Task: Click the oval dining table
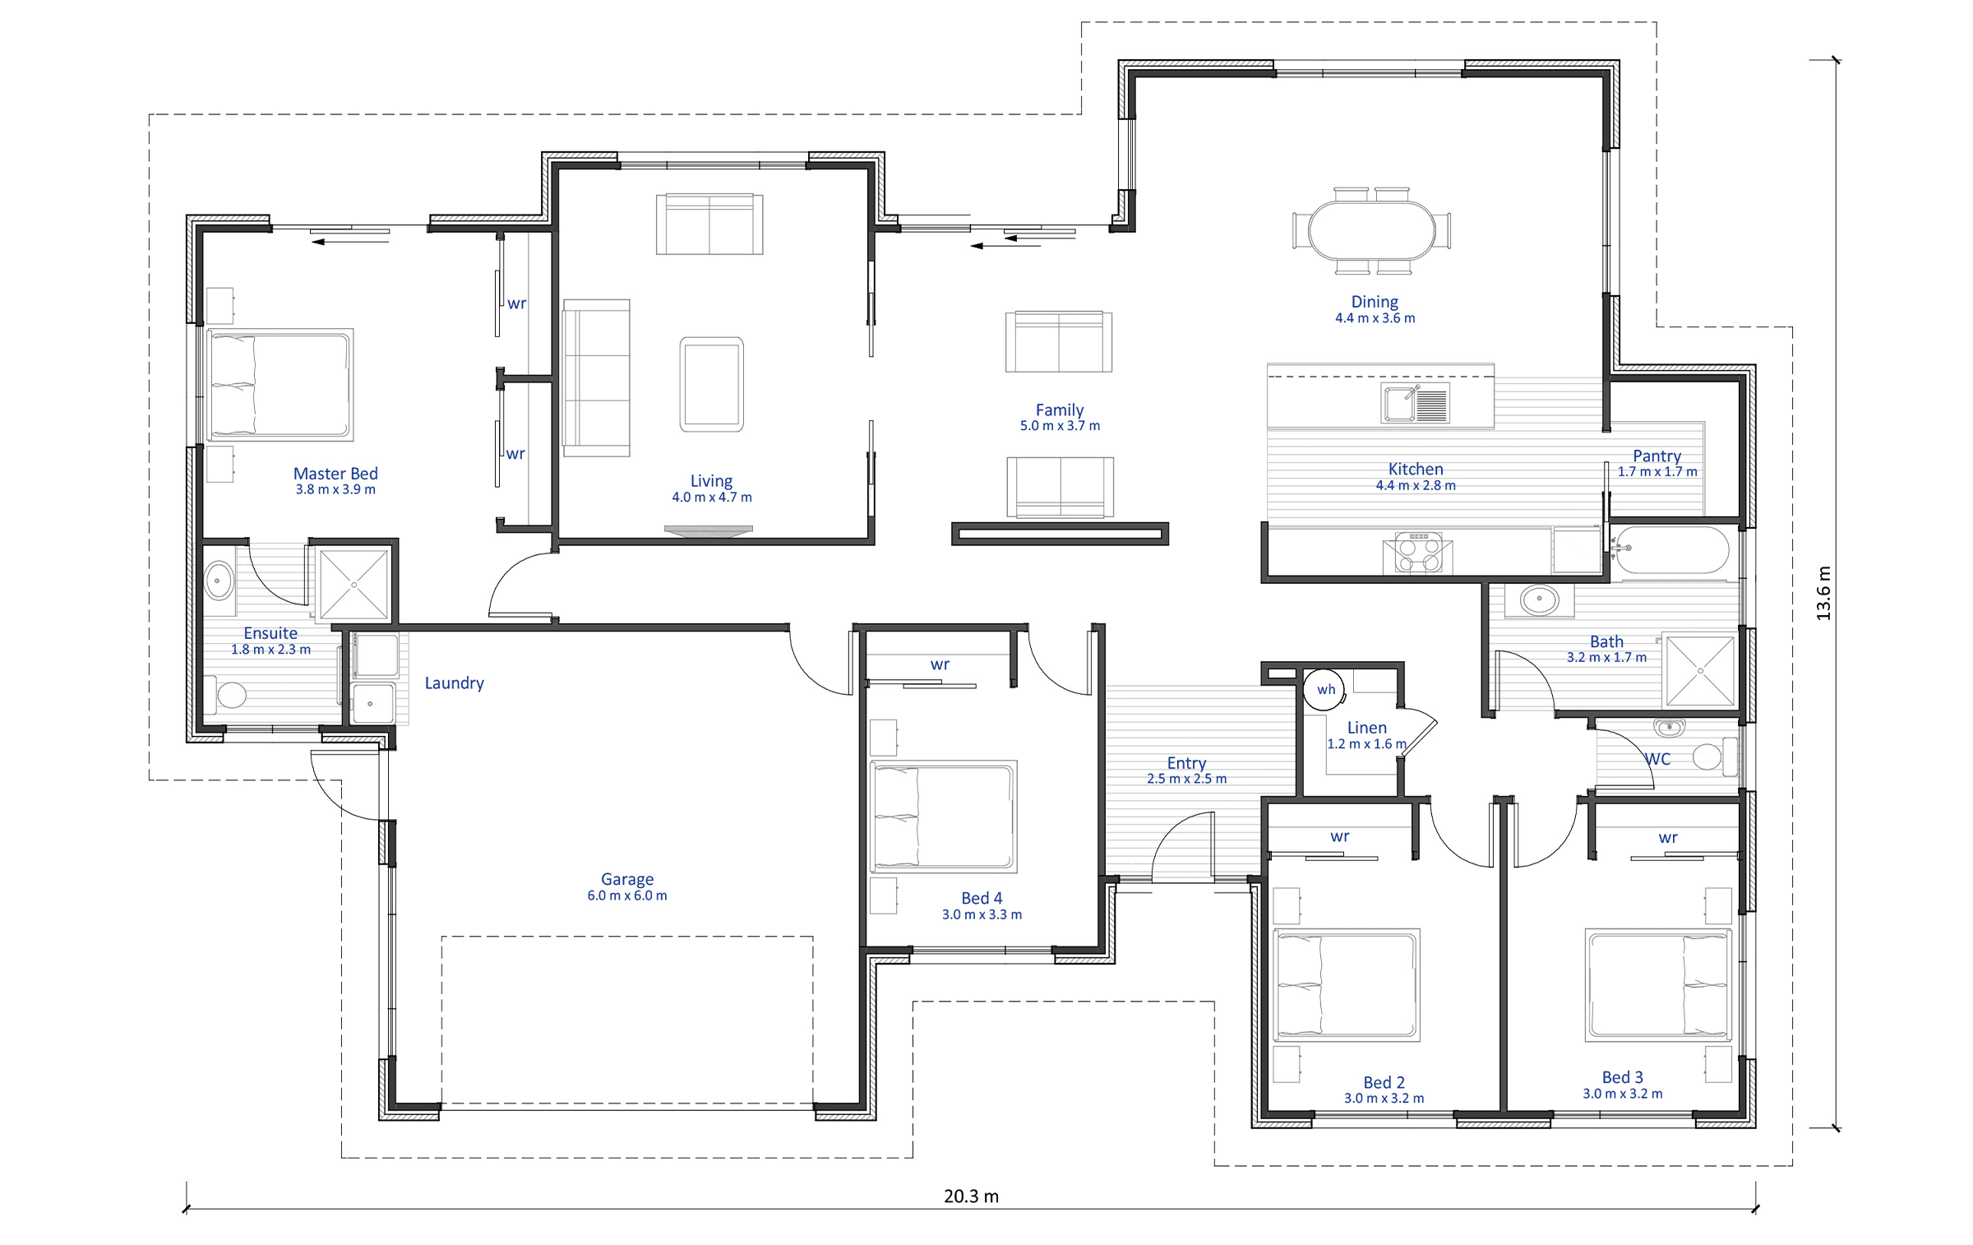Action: click(x=1371, y=230)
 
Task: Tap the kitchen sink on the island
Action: click(x=1415, y=404)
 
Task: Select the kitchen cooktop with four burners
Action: click(x=1418, y=553)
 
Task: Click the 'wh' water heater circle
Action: click(x=1325, y=689)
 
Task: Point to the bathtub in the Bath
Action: click(x=1671, y=549)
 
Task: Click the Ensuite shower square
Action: click(x=353, y=585)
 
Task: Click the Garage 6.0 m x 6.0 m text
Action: click(x=627, y=887)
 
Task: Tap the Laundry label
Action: click(x=454, y=683)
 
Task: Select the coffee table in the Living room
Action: click(x=711, y=384)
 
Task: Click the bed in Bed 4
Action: click(x=943, y=816)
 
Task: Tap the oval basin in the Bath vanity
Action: click(x=1539, y=599)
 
